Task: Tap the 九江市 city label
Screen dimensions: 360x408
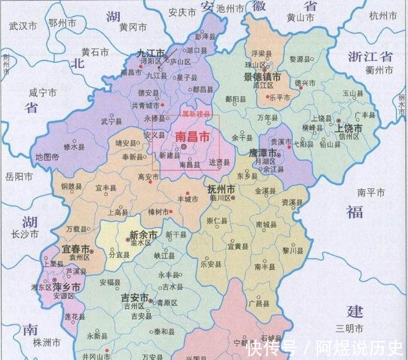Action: click(x=150, y=53)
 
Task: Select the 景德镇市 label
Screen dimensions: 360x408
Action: click(x=258, y=76)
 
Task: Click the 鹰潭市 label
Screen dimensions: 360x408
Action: click(x=263, y=154)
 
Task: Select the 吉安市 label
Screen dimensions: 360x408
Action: click(x=135, y=298)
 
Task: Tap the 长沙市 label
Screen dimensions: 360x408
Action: click(x=20, y=234)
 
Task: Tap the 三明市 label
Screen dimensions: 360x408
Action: click(x=350, y=328)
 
